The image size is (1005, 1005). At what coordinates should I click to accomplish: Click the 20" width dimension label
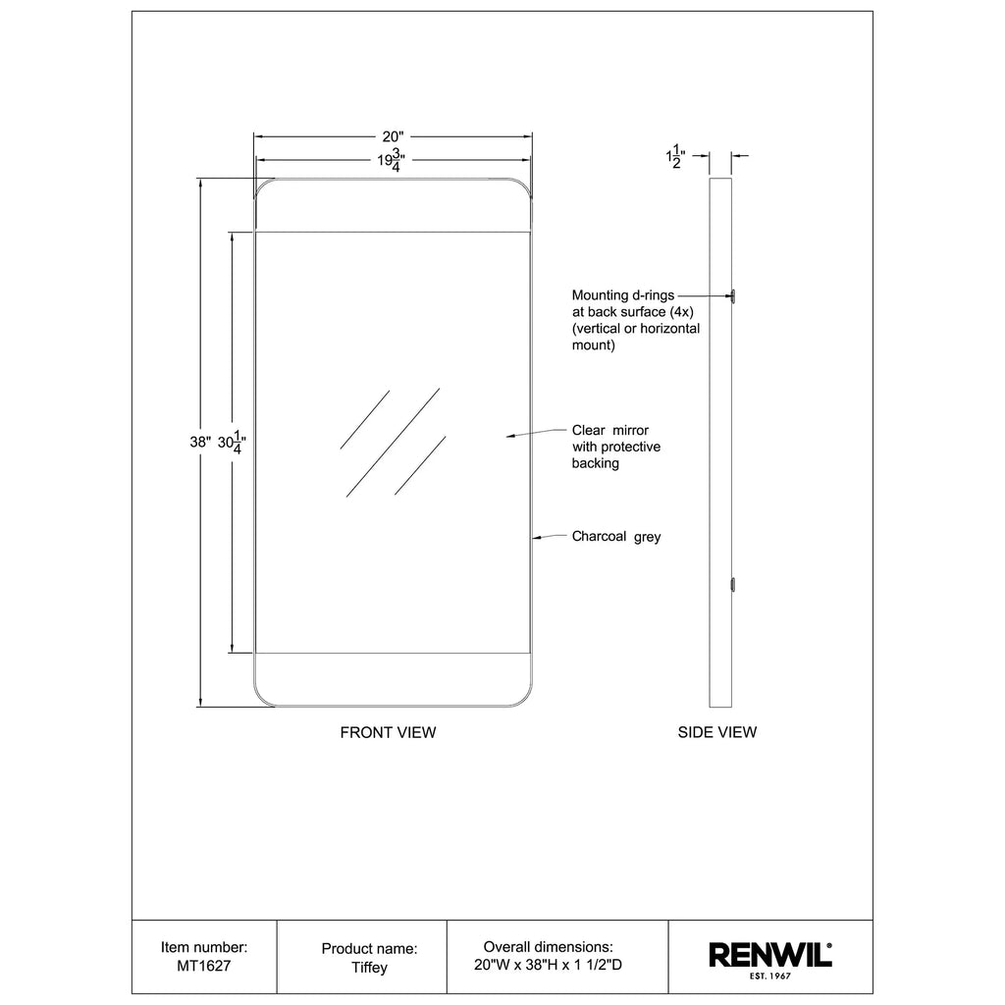tap(393, 136)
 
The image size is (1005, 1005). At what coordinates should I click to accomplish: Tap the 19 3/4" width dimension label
tap(391, 160)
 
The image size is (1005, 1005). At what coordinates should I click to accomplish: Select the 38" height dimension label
tap(200, 442)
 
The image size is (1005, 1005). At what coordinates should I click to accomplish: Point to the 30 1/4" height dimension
tap(232, 443)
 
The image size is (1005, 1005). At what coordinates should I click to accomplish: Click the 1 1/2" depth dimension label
tap(675, 156)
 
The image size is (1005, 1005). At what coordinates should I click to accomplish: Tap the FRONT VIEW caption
tap(388, 732)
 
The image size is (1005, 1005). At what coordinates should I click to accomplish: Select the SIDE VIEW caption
tap(717, 732)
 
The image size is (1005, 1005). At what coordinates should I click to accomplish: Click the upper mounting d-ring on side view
tap(733, 296)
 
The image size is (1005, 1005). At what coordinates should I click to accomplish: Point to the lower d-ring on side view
tap(733, 585)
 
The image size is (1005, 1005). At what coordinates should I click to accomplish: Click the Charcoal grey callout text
tap(616, 537)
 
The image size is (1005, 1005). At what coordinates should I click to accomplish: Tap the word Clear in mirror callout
tap(589, 430)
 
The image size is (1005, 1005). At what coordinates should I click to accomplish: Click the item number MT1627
tap(204, 966)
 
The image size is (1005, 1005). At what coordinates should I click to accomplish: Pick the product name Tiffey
tap(369, 967)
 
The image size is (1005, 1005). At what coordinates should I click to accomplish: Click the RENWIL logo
tap(769, 955)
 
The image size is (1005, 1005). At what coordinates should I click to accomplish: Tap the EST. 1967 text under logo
tap(769, 977)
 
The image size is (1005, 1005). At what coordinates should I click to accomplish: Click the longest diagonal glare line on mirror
tap(393, 443)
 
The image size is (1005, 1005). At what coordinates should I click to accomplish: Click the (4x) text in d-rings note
tap(681, 312)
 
